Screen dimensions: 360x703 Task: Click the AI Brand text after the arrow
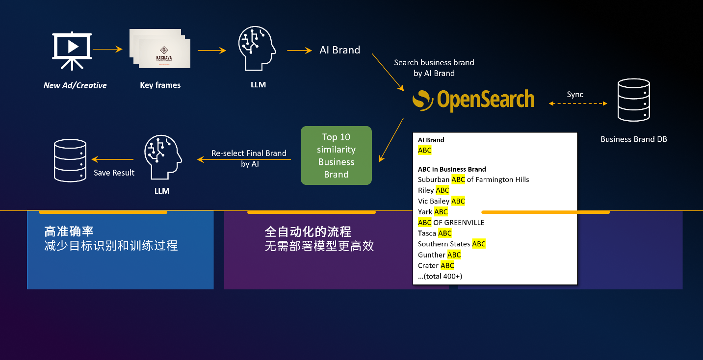[x=339, y=50]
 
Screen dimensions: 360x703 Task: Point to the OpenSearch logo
[x=473, y=100]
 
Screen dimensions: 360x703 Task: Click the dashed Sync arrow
[x=578, y=103]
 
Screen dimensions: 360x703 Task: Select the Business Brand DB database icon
[x=633, y=100]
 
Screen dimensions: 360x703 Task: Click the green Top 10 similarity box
[x=336, y=155]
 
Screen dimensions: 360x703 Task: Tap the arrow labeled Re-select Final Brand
[x=244, y=159]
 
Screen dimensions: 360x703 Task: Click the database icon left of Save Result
[x=69, y=160]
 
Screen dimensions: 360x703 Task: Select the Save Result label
[x=114, y=173]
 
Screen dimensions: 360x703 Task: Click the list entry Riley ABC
[x=434, y=190]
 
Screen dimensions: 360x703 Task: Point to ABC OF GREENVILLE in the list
[x=451, y=223]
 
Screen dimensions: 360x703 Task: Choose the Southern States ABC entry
[x=451, y=244]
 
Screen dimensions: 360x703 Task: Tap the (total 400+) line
[x=440, y=276]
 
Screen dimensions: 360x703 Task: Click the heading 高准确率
[x=69, y=231]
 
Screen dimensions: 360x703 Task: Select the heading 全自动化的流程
[x=308, y=231]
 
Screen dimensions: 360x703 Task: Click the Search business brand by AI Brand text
[x=434, y=68]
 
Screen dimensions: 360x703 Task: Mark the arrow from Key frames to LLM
[x=211, y=50]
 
